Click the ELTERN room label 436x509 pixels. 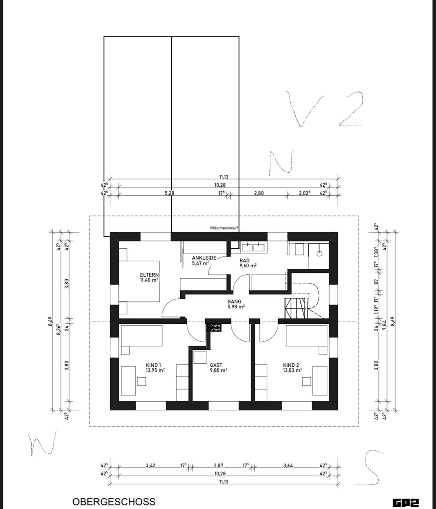coord(149,275)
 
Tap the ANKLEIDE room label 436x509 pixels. coord(204,258)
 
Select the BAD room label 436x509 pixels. coord(245,260)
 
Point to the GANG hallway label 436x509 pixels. coord(234,301)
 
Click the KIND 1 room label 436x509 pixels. coord(153,365)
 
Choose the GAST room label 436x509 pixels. coord(216,365)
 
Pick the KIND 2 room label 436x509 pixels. coord(291,365)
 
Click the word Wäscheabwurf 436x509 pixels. coord(224,228)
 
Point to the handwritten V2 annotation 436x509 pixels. coord(325,109)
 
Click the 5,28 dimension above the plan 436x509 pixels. coord(169,193)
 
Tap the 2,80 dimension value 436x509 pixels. coord(259,193)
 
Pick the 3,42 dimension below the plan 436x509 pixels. coord(150,465)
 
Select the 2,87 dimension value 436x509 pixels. coord(219,465)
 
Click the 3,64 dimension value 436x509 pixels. coord(288,465)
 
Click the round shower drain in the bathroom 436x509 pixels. coord(319,253)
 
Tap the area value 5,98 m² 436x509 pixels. coord(236,306)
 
